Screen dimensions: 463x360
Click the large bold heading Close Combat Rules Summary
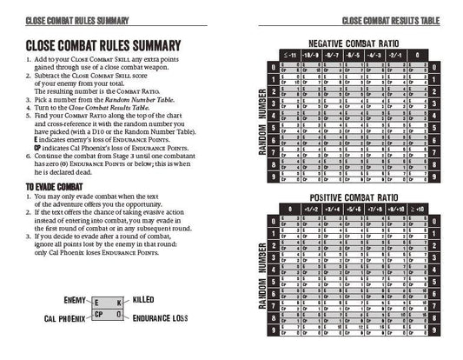coord(103,45)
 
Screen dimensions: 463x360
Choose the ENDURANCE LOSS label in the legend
coord(160,319)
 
